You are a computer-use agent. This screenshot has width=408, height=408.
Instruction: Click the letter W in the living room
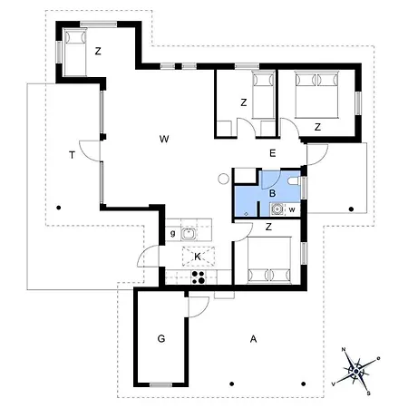(x=164, y=139)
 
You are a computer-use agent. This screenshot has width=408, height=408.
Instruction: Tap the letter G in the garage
(x=161, y=338)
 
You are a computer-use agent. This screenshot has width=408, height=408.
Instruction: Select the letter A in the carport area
(x=254, y=339)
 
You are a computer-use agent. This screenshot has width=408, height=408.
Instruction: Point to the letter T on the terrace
(x=72, y=155)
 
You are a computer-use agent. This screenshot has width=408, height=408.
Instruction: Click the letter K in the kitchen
(x=198, y=257)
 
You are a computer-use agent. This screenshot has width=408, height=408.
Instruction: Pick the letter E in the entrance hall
(x=273, y=153)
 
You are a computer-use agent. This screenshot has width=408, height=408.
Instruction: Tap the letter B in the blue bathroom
(x=272, y=193)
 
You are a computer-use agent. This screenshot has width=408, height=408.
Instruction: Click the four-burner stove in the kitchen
(x=199, y=277)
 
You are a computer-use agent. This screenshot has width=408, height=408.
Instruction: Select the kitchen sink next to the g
(x=189, y=234)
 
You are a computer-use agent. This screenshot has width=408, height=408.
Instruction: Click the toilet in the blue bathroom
(x=294, y=180)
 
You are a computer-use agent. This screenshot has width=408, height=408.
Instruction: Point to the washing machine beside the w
(x=277, y=209)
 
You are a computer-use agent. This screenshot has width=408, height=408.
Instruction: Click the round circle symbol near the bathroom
(x=223, y=179)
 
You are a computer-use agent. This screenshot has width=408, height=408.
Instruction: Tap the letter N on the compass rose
(x=344, y=350)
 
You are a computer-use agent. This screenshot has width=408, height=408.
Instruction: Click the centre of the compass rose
(x=356, y=371)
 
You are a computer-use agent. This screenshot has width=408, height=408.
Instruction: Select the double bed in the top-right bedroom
(x=316, y=94)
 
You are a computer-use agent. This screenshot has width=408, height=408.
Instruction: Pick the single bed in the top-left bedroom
(x=75, y=52)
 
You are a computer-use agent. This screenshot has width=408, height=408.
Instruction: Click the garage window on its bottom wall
(x=161, y=384)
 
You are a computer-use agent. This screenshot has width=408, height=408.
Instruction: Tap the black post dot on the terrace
(x=59, y=208)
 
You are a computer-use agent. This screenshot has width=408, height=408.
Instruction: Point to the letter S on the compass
(x=369, y=393)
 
